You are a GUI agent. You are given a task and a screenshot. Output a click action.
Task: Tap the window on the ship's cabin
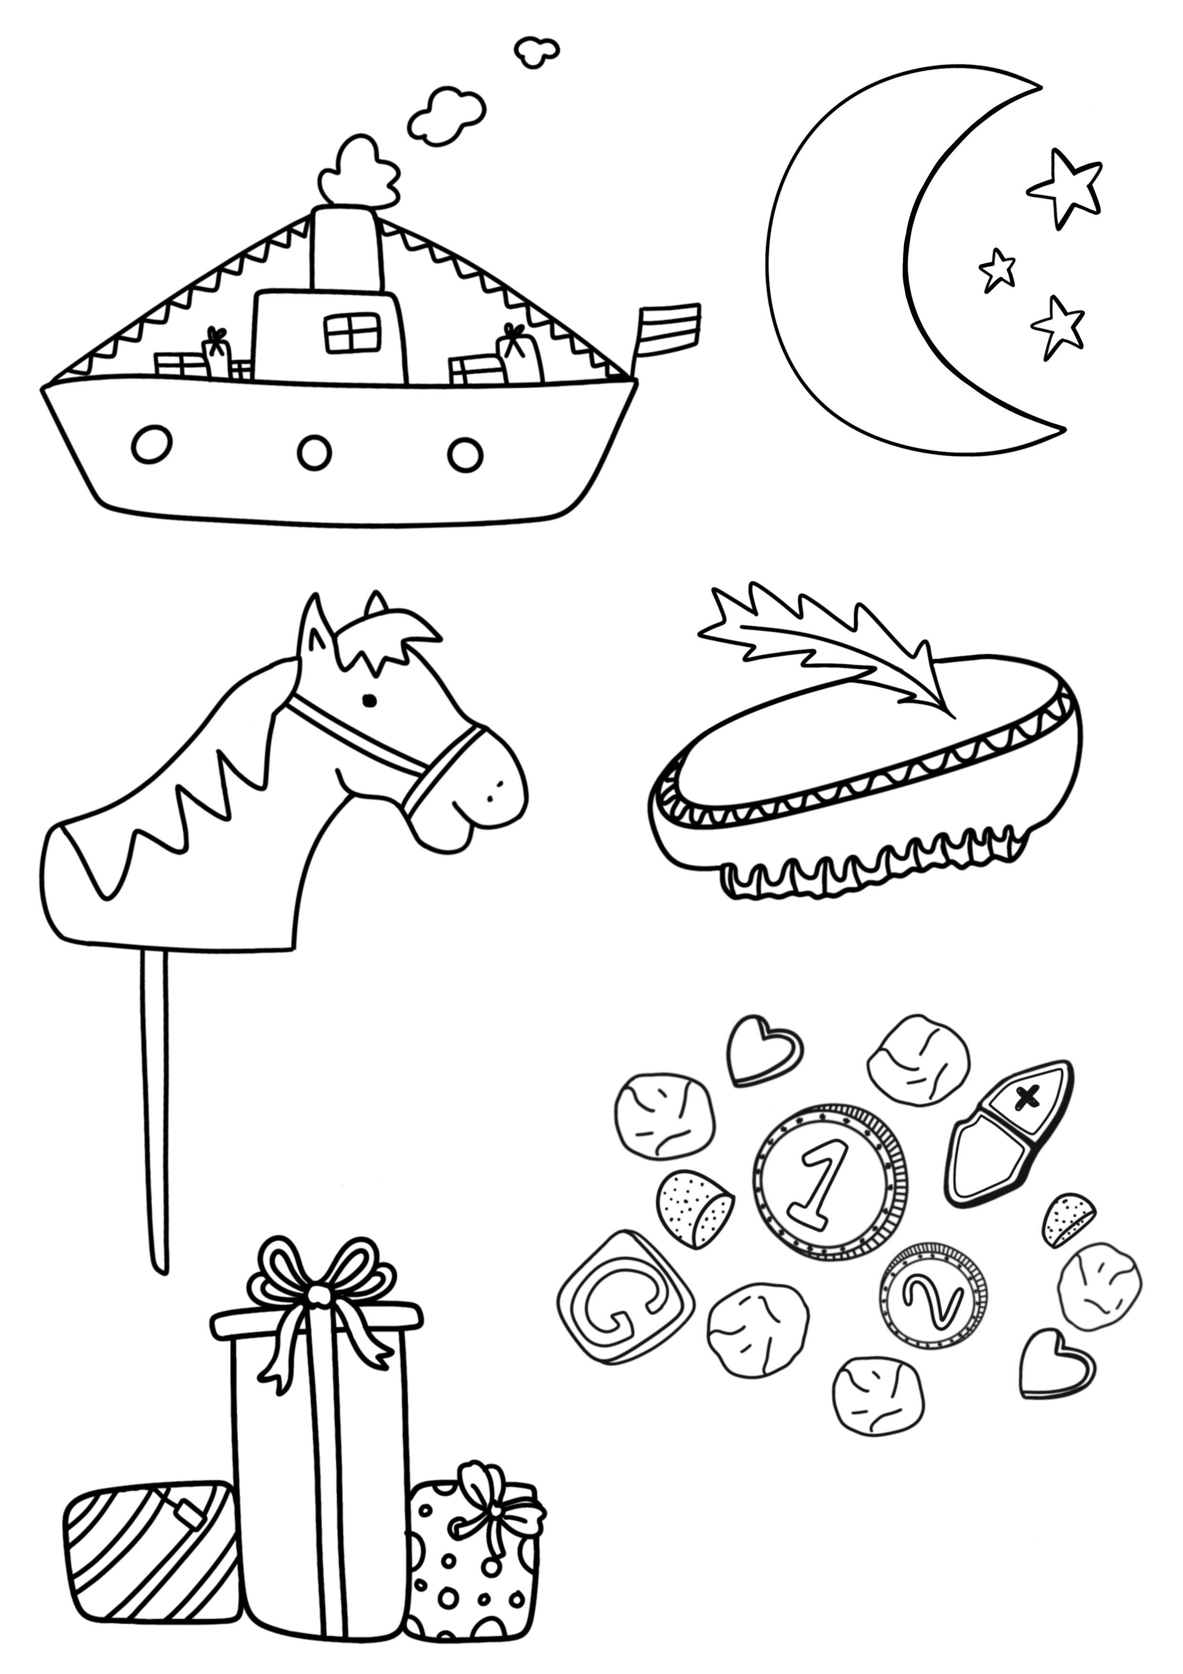352,333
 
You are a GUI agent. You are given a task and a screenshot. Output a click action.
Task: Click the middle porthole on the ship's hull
315,451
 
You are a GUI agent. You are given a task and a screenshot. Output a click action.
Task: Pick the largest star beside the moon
1065,186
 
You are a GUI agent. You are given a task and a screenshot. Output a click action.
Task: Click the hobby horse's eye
370,701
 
